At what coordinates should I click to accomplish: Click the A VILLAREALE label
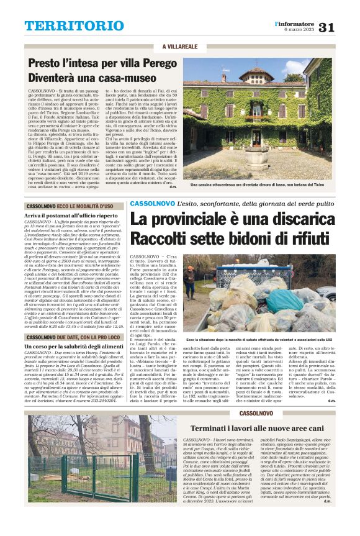click(179, 47)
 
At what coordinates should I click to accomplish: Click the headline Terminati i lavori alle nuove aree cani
click(257, 429)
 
